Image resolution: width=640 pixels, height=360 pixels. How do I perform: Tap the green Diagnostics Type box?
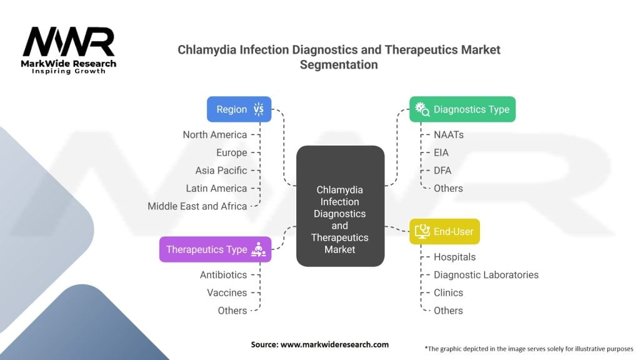tap(462, 109)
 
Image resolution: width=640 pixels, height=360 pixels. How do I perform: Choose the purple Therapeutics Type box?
tap(215, 249)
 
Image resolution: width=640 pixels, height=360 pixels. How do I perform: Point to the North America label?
tap(215, 134)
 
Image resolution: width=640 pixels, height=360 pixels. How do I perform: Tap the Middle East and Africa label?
tap(197, 206)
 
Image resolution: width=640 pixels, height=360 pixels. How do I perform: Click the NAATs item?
tap(449, 134)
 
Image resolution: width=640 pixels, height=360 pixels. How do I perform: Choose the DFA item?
tap(442, 170)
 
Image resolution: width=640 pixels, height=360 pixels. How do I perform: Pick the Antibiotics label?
tap(223, 274)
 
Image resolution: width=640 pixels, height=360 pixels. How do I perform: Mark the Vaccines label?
tap(227, 292)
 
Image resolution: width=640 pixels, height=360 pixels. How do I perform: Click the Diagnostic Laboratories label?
tap(486, 274)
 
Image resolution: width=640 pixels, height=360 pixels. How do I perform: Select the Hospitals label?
tap(454, 257)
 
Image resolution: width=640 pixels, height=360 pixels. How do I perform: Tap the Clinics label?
tap(448, 292)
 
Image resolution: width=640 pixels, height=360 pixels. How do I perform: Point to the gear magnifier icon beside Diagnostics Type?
tap(422, 110)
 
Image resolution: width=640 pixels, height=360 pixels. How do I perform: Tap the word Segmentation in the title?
tap(339, 64)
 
